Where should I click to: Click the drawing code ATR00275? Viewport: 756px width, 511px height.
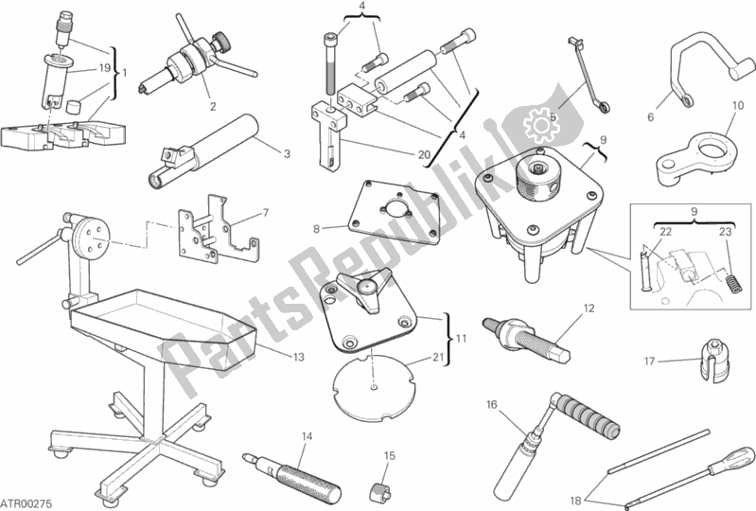(x=26, y=503)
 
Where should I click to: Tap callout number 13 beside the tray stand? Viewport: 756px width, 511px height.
(x=298, y=357)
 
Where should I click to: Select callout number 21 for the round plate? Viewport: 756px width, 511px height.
(x=438, y=357)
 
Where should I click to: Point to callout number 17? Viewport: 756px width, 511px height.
(x=649, y=361)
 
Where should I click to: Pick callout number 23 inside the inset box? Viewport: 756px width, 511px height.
(x=725, y=232)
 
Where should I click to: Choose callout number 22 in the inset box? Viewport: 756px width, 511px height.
(x=665, y=232)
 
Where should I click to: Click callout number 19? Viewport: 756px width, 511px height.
(x=105, y=68)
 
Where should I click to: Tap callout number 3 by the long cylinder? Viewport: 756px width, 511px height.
(x=288, y=154)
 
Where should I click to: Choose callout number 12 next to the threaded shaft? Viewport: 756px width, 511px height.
(x=589, y=308)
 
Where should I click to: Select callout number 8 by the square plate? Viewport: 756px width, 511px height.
(x=316, y=228)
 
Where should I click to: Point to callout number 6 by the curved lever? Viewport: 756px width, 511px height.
(x=650, y=117)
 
